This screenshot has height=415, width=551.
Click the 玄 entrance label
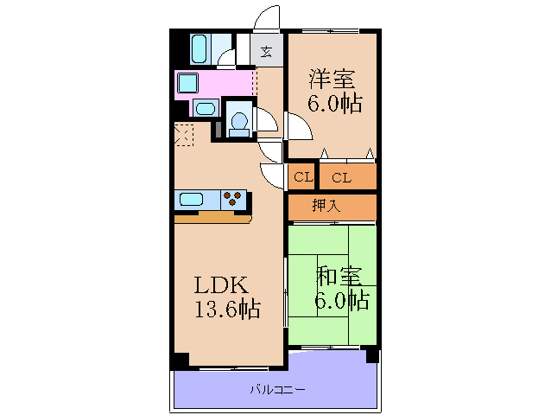click(x=267, y=51)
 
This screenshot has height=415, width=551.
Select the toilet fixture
click(x=238, y=121)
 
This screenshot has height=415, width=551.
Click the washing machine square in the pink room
click(x=188, y=84)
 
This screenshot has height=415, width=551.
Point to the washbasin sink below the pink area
click(x=205, y=108)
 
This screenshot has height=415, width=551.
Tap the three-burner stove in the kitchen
click(x=233, y=200)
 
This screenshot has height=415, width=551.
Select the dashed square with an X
click(x=184, y=135)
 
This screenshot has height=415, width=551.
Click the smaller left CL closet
click(x=301, y=178)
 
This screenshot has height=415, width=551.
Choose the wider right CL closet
click(x=342, y=178)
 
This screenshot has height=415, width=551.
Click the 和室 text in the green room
click(x=338, y=277)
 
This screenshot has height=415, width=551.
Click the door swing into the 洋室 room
click(x=300, y=130)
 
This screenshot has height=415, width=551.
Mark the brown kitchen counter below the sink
click(x=212, y=217)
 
